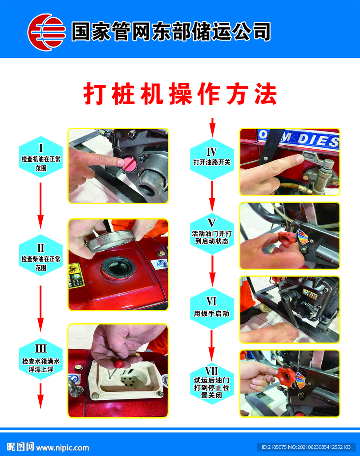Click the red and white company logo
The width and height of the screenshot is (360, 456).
click(46, 32)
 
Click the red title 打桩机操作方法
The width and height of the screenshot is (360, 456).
click(180, 94)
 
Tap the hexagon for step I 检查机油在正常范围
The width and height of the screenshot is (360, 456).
click(40, 157)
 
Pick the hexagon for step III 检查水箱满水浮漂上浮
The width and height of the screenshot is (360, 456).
click(40, 359)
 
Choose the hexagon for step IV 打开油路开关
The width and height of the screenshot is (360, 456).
click(212, 159)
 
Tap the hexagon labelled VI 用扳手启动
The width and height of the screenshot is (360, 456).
click(212, 309)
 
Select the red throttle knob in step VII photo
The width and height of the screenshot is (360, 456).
click(286, 377)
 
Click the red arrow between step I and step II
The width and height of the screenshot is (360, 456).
click(40, 205)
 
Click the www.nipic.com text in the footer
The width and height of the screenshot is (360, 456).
click(62, 447)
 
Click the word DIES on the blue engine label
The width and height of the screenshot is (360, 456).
click(318, 140)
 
